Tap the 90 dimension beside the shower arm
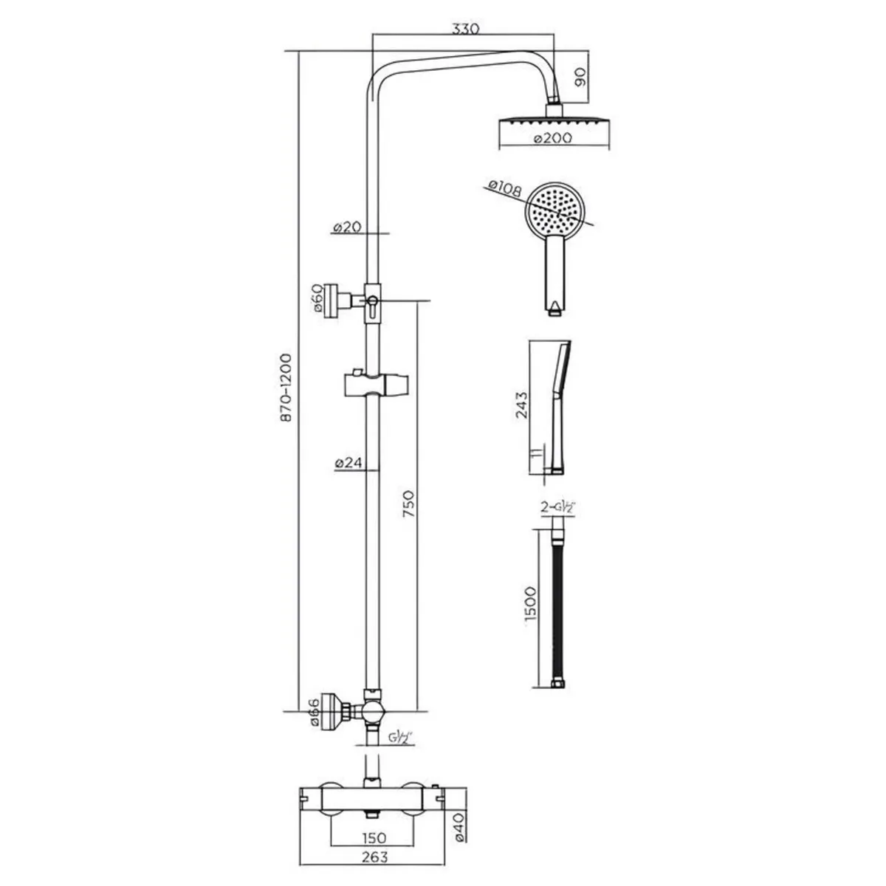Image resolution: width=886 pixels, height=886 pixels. (580, 75)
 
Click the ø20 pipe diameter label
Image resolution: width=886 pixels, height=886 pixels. (346, 228)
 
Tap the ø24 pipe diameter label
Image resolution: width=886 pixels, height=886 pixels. (346, 464)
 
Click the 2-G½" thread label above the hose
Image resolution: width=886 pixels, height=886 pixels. (558, 508)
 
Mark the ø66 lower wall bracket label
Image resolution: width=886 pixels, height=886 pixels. (314, 712)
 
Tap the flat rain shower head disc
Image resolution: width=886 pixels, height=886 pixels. (555, 123)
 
